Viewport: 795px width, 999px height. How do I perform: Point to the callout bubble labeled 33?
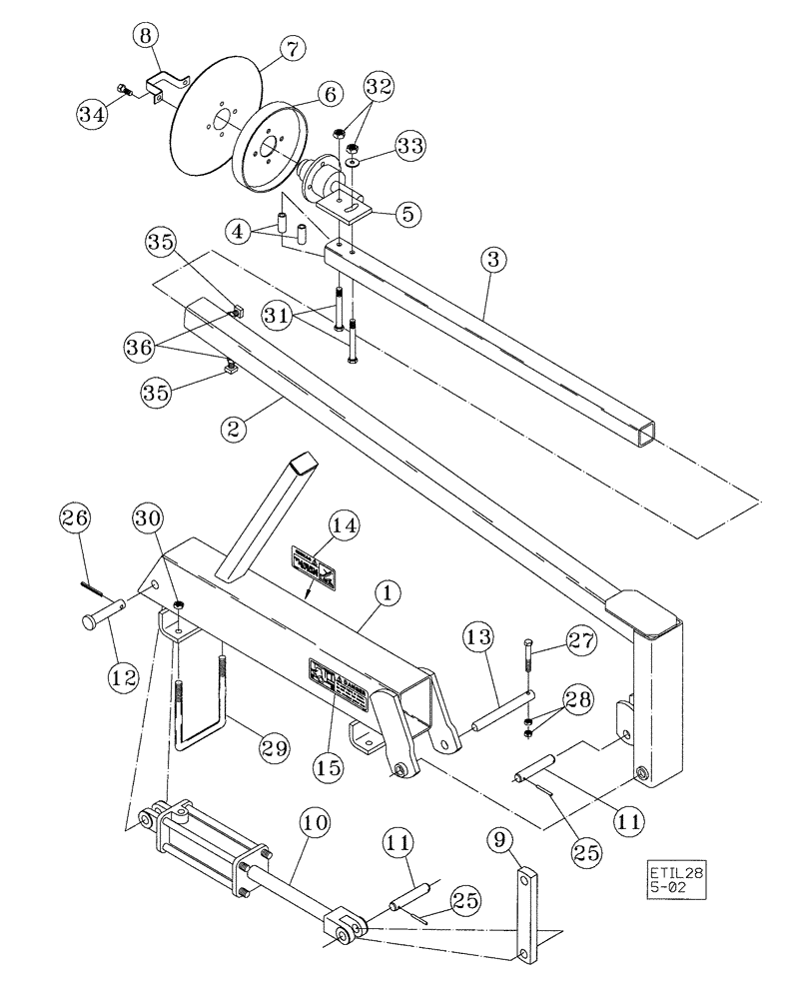[407, 148]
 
